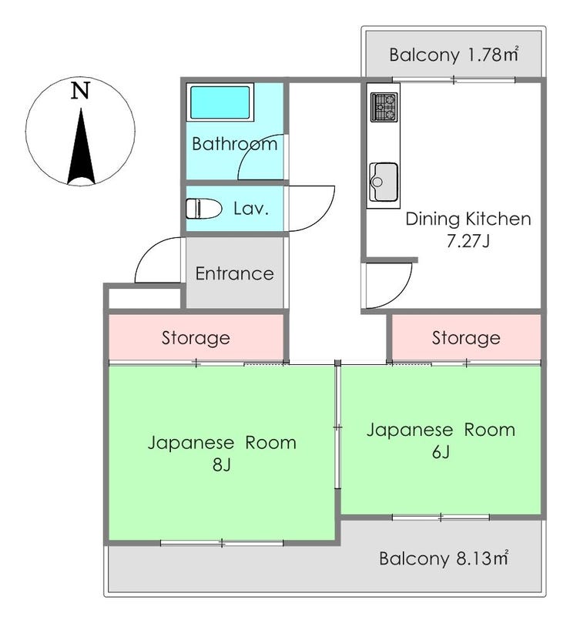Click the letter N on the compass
click(x=81, y=91)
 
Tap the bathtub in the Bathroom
click(x=220, y=102)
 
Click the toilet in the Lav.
click(x=203, y=208)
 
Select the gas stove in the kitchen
click(x=384, y=107)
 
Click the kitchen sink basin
click(x=384, y=182)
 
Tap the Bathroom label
click(x=234, y=144)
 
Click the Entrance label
click(x=234, y=273)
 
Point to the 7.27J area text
click(x=468, y=241)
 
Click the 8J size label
click(x=222, y=464)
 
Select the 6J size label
click(x=441, y=451)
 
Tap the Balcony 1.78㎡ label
click(x=454, y=55)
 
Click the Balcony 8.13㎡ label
click(x=444, y=558)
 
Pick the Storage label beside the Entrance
click(x=196, y=338)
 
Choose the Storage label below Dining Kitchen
click(x=466, y=338)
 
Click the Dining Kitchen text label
click(x=468, y=219)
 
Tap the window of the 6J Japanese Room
click(x=441, y=517)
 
